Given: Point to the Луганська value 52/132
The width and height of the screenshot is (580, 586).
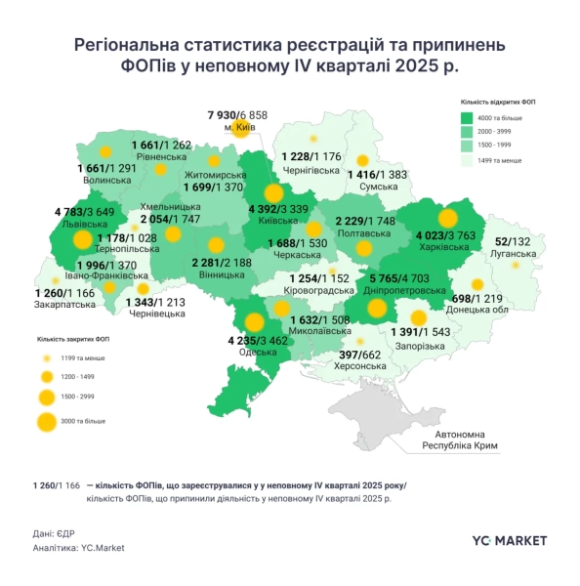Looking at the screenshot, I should tap(515, 242).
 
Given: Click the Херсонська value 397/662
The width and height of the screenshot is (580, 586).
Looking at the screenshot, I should tap(360, 354).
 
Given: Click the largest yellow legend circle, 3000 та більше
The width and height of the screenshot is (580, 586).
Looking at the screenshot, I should tap(47, 422).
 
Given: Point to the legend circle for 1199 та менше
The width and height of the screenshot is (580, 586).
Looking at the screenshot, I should tap(47, 358).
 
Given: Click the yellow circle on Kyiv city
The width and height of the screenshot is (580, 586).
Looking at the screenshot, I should tap(238, 127).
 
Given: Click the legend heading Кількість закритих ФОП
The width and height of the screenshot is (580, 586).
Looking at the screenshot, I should tap(71, 339).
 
